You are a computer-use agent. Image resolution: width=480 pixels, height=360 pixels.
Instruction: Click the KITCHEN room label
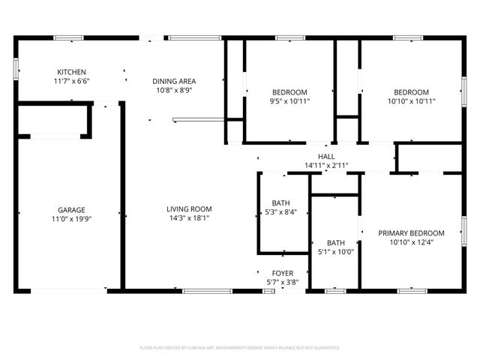[71, 72]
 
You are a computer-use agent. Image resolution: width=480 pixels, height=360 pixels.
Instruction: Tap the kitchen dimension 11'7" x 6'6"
[71, 81]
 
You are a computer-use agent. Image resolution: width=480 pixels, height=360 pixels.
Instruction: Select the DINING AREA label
[174, 81]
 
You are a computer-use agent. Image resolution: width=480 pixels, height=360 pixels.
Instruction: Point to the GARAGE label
[71, 210]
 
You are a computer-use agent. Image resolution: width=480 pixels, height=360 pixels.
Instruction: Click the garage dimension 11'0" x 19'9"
[71, 219]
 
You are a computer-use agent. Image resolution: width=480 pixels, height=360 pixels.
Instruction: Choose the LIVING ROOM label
[189, 209]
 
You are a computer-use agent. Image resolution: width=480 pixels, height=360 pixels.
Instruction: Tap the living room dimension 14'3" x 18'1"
[189, 218]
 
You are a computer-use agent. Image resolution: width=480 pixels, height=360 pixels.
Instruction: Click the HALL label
[325, 156]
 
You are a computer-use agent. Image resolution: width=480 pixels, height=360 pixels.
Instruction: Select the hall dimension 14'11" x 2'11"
[325, 165]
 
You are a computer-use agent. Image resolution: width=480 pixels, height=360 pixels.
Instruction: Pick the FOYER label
[283, 273]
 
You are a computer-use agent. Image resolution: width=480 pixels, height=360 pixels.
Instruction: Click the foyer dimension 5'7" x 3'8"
[283, 282]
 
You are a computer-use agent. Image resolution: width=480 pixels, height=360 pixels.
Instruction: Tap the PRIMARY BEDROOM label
[411, 233]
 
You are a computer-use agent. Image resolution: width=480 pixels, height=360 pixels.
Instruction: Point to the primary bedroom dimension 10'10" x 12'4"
[411, 242]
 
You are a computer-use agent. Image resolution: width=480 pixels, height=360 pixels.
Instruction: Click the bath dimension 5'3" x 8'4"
[281, 212]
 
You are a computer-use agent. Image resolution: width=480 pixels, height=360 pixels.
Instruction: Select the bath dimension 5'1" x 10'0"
[335, 252]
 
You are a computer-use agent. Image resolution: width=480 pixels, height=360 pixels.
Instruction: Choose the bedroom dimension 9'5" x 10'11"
[289, 100]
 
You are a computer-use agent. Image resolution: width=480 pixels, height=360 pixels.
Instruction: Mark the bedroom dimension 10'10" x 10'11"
[412, 100]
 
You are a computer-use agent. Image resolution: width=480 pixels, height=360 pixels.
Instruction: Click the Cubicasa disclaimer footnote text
[240, 348]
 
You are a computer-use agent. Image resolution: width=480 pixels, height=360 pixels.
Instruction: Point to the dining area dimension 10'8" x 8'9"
[174, 90]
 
